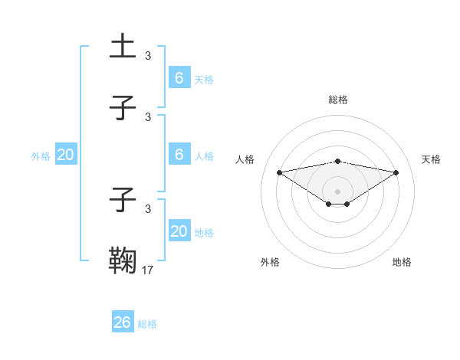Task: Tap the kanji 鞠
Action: tap(123, 259)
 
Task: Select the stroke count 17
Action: tap(148, 269)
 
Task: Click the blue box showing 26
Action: tap(123, 322)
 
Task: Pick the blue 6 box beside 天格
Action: tap(179, 77)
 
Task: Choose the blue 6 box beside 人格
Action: tap(179, 154)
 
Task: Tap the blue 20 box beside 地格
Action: tap(179, 231)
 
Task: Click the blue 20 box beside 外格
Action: tap(66, 155)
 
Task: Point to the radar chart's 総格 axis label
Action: tap(338, 100)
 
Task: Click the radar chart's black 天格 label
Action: tap(431, 159)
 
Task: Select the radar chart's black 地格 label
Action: tap(402, 262)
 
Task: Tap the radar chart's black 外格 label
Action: tap(270, 262)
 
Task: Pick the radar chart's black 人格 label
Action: tap(245, 159)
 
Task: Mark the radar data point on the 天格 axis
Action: tap(396, 172)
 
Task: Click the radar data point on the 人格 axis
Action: tap(279, 172)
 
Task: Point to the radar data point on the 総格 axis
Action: tap(338, 161)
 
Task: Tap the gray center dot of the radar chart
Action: tap(338, 191)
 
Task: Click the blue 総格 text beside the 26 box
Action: tap(147, 324)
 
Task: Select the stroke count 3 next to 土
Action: tap(148, 55)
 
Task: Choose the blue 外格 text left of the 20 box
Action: tap(41, 155)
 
